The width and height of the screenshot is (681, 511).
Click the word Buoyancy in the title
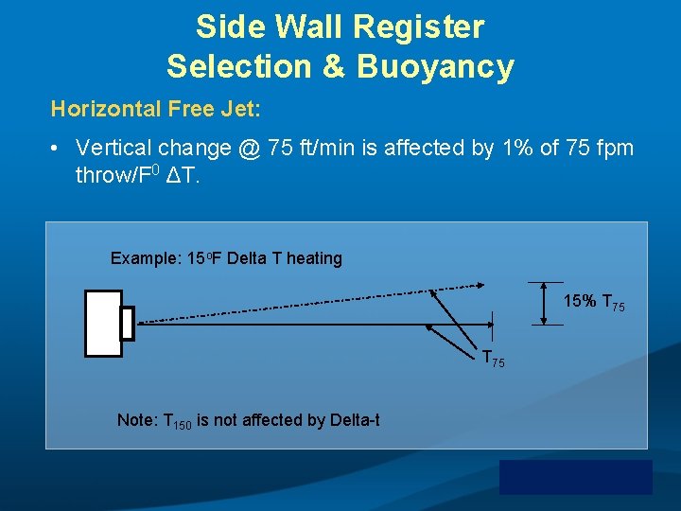[x=438, y=67]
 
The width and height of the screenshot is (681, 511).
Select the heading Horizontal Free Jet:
[x=156, y=109]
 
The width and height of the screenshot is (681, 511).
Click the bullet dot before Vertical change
[x=57, y=150]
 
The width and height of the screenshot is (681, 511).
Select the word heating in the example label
[x=314, y=258]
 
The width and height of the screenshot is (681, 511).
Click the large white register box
[x=103, y=323]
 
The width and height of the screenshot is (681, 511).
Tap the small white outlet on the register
[x=127, y=323]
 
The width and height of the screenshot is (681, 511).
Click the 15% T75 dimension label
[x=593, y=303]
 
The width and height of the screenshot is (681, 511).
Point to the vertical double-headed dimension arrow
[x=546, y=304]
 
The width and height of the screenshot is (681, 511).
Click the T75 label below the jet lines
[x=493, y=360]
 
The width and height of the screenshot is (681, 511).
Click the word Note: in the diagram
[x=138, y=419]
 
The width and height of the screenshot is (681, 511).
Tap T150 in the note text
[x=178, y=421]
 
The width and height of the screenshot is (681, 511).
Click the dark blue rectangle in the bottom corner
[x=575, y=477]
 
